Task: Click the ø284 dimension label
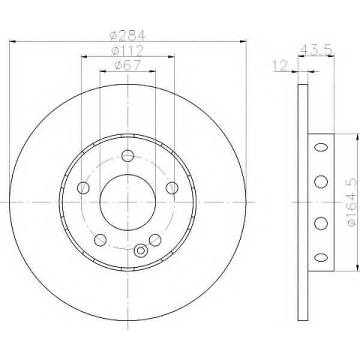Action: [x=127, y=35]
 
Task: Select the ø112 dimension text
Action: [x=127, y=51]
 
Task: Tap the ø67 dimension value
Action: [x=127, y=65]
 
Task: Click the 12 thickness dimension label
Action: [x=280, y=65]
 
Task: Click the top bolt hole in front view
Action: [x=128, y=155]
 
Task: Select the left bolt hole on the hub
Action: [x=83, y=188]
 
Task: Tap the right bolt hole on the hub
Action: [x=172, y=188]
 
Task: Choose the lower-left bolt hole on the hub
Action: [x=100, y=240]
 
